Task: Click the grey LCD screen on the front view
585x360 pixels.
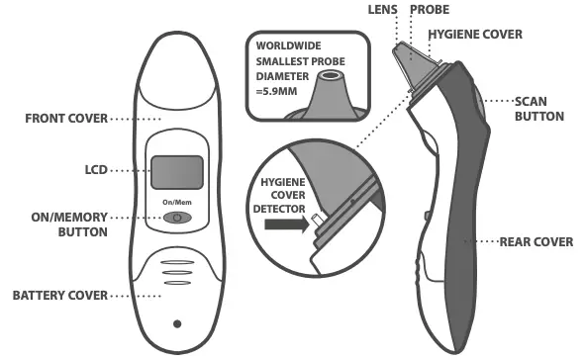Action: [x=177, y=172]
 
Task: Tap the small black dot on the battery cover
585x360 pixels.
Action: [x=176, y=323]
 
